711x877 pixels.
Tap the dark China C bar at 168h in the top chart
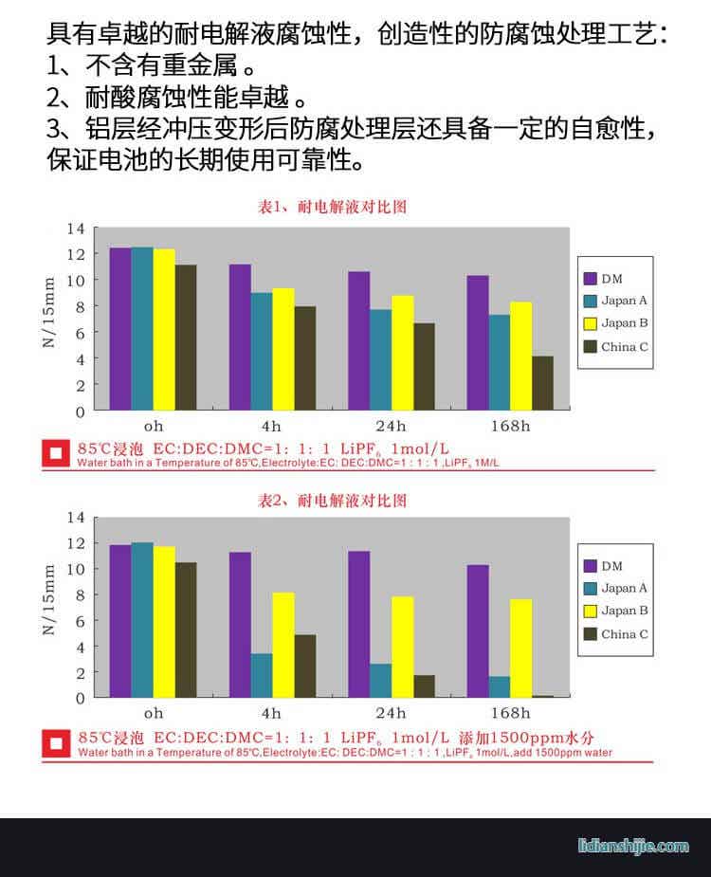[542, 383]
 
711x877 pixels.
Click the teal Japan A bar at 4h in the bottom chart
[262, 675]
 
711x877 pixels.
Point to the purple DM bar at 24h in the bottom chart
[358, 624]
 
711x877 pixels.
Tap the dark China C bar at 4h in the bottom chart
[305, 666]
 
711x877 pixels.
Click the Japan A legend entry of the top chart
[615, 301]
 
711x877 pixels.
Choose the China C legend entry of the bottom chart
[615, 634]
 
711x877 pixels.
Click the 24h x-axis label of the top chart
[390, 426]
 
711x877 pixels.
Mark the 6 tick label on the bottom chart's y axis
[81, 621]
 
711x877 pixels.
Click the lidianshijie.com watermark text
[633, 846]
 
